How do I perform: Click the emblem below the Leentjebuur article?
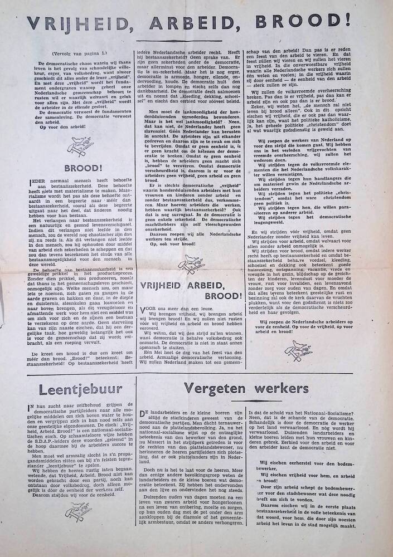pyautogui.click(x=78, y=511)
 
